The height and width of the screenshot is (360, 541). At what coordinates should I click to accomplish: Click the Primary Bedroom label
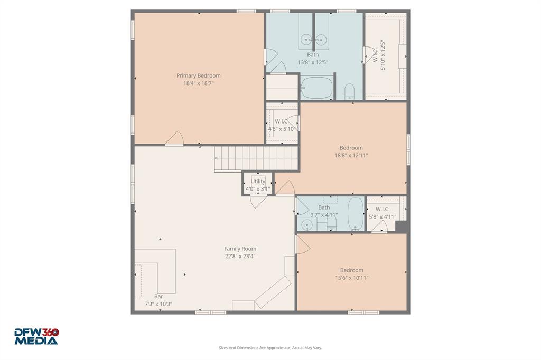[x=198, y=75]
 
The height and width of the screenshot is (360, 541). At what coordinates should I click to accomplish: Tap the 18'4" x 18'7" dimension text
[x=198, y=83]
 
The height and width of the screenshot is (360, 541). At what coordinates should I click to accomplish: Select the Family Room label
[x=240, y=249]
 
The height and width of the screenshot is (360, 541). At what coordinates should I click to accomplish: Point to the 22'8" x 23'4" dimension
[x=240, y=257]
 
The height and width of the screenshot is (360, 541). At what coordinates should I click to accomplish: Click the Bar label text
[x=158, y=296]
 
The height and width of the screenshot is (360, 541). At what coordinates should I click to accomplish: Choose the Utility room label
[x=258, y=181]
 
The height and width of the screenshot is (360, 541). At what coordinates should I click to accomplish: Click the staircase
[x=257, y=158]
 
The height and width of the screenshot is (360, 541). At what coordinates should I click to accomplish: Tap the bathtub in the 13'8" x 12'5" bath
[x=317, y=88]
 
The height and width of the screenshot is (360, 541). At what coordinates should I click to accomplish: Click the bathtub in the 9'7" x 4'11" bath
[x=356, y=214]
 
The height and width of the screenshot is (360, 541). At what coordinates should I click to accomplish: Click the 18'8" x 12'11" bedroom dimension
[x=351, y=156]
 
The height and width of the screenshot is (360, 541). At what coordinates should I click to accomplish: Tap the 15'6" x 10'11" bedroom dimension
[x=351, y=278]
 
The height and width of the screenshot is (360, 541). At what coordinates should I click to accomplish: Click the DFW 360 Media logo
[x=36, y=336]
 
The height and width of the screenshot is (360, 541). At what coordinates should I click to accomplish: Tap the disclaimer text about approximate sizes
[x=270, y=348]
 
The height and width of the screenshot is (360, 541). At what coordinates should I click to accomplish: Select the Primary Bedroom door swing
[x=174, y=138]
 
